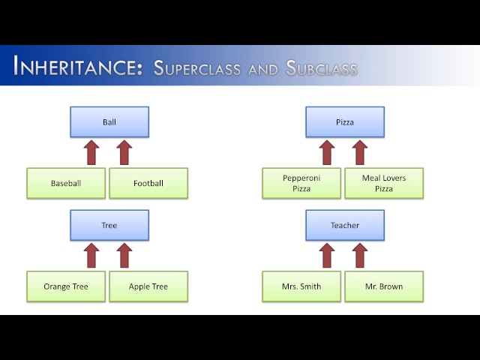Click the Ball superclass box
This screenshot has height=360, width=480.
[x=109, y=121]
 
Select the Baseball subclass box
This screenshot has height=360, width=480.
[x=66, y=183]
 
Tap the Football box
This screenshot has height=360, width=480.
[x=148, y=183]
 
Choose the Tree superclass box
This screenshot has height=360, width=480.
[x=109, y=225]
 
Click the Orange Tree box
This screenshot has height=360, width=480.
[x=66, y=286]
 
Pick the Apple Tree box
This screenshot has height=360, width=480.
[x=148, y=286]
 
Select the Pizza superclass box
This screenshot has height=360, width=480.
[x=345, y=121]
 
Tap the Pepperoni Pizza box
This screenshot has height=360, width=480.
[x=301, y=183]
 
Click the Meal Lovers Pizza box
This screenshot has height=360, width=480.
[x=384, y=183]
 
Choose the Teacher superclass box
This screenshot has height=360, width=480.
[x=345, y=225]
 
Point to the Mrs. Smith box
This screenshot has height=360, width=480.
[x=301, y=286]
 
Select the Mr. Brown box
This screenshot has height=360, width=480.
[x=384, y=286]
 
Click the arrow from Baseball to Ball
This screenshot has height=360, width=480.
[x=91, y=152]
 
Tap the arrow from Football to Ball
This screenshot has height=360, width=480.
[x=124, y=152]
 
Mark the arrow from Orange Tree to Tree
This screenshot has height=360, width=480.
[x=91, y=256]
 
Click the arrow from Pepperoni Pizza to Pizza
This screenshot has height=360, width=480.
[x=327, y=152]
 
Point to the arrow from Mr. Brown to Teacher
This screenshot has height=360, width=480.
[x=360, y=256]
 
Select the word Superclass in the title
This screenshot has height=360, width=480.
[x=197, y=68]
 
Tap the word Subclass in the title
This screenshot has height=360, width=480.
[x=321, y=68]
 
